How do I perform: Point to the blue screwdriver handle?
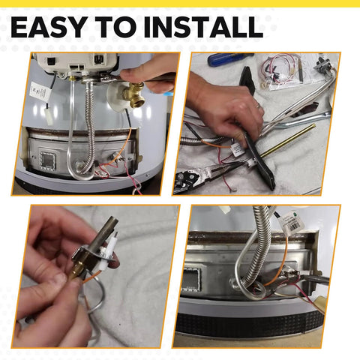point(225,59)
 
